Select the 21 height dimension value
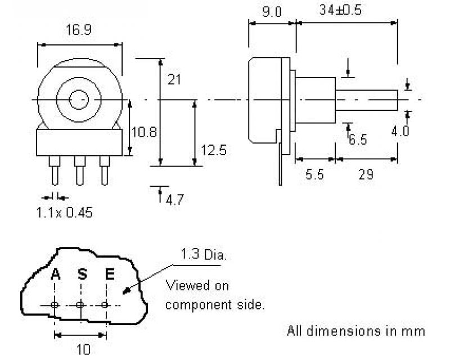(174, 80)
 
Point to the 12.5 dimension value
(214, 150)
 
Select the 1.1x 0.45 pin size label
(64, 213)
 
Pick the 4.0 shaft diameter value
(400, 131)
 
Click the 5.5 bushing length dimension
(314, 174)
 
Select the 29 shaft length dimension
(366, 174)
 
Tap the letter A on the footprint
(55, 274)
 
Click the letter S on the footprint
(82, 274)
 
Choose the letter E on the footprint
(110, 274)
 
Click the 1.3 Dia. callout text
(203, 255)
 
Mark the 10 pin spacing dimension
(82, 349)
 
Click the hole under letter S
(80, 305)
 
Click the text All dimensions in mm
(356, 331)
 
